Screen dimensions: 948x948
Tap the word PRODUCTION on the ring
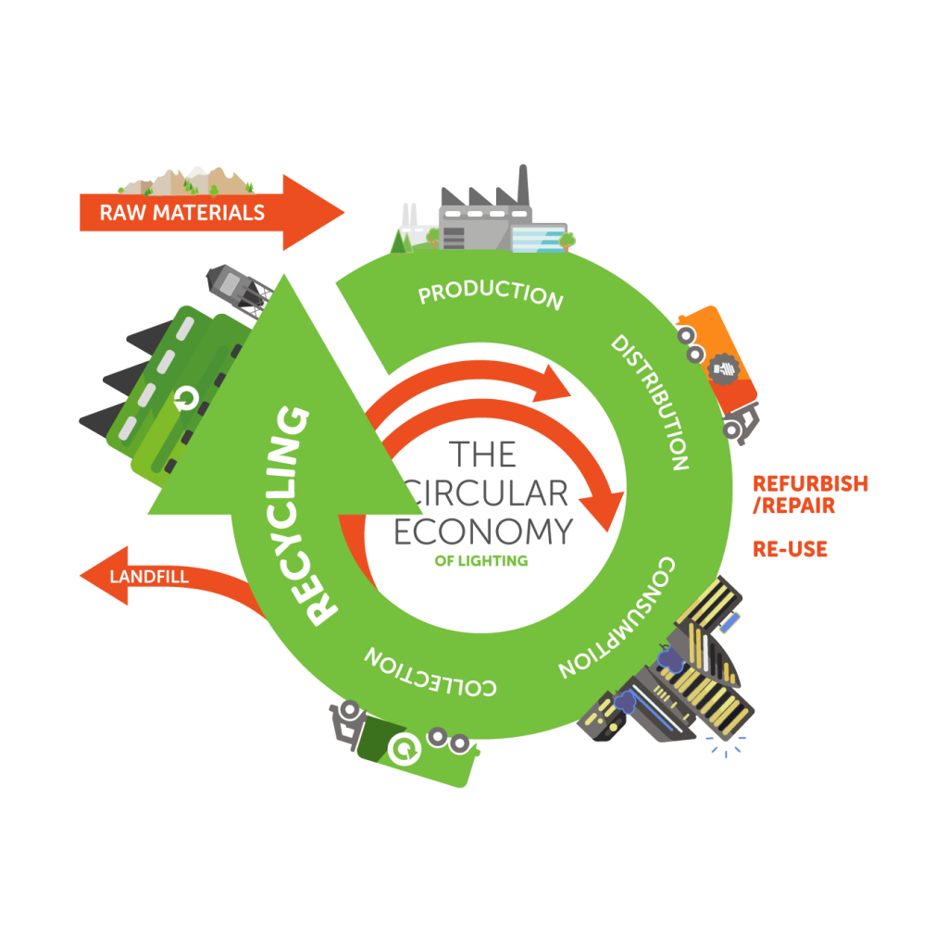(x=491, y=294)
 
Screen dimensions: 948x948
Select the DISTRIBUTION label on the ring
(x=650, y=402)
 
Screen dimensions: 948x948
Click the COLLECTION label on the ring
(x=431, y=673)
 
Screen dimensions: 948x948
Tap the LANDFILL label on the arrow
(x=149, y=577)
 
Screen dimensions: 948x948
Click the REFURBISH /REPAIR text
(x=809, y=494)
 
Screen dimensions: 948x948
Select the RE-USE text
(x=790, y=549)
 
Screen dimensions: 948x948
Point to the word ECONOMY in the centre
(x=483, y=532)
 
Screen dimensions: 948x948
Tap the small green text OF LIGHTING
(x=480, y=560)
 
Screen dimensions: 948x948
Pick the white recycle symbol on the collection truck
(x=403, y=748)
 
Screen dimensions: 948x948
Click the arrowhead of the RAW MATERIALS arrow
(x=315, y=213)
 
